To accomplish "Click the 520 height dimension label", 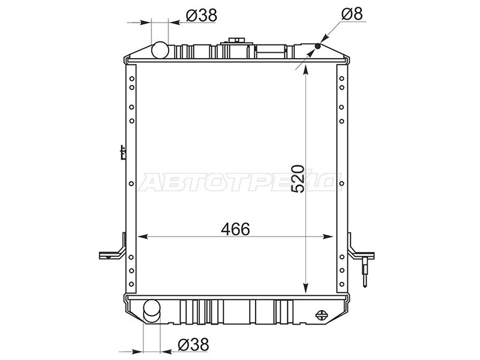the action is tap(298, 179).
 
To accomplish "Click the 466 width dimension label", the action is tap(235, 229).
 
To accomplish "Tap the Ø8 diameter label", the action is tap(352, 14).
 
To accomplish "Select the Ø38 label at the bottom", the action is tap(193, 344).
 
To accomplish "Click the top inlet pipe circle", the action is tap(160, 50).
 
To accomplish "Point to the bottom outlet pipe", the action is tap(152, 311).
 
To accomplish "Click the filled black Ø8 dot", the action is tap(317, 46).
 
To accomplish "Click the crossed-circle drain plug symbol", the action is tap(321, 315).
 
